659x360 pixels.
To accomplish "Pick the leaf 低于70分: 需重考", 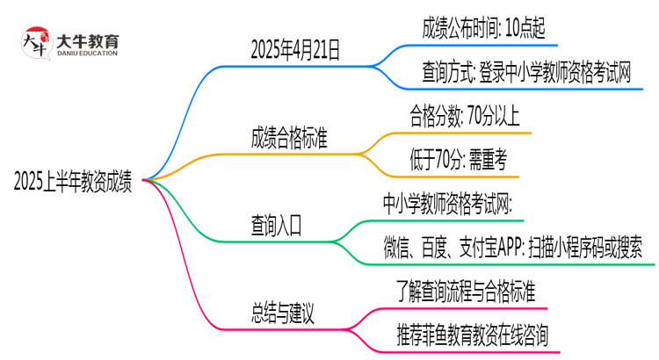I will (x=458, y=160).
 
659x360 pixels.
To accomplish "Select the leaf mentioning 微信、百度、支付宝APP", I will (x=518, y=248).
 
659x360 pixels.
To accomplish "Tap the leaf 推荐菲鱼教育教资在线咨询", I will (x=475, y=335).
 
